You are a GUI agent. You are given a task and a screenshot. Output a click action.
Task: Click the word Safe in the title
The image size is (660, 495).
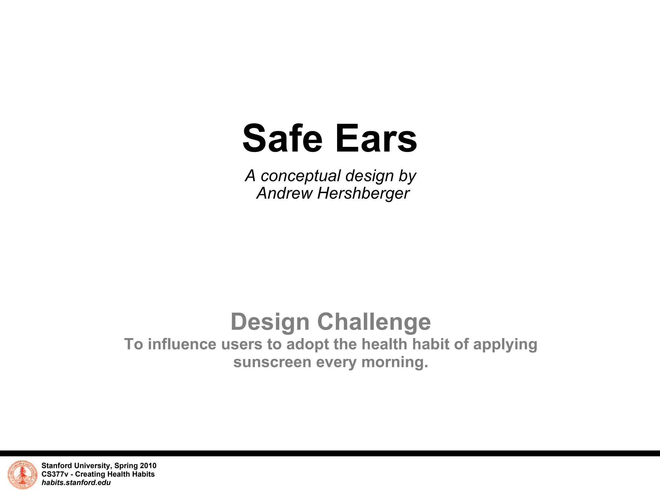pyautogui.click(x=282, y=139)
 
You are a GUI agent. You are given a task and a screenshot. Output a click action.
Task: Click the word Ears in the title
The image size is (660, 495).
pyautogui.click(x=376, y=139)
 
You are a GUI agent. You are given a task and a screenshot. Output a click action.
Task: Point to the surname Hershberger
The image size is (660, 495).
pyautogui.click(x=363, y=193)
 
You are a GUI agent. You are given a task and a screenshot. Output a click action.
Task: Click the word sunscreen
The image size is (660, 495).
pyautogui.click(x=272, y=362)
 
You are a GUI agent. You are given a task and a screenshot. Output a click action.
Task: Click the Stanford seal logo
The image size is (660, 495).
pyautogui.click(x=22, y=475)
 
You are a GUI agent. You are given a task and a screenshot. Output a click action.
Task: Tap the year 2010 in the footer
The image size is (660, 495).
pyautogui.click(x=148, y=466)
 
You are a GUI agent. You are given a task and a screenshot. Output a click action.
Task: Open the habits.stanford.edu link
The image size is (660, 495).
pyautogui.click(x=76, y=482)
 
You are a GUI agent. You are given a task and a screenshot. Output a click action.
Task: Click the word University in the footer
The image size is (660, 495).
pyautogui.click(x=90, y=466)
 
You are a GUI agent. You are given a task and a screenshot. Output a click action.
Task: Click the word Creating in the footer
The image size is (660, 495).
pyautogui.click(x=90, y=474)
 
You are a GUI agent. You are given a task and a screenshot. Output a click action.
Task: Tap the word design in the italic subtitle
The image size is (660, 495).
pyautogui.click(x=369, y=176)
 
